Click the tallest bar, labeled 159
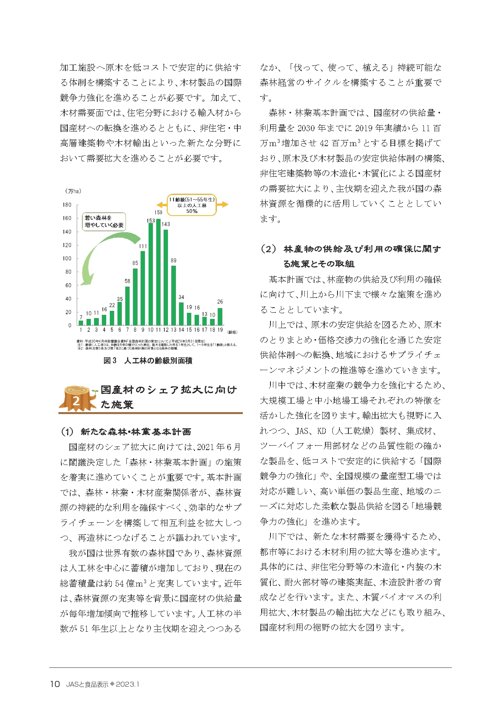coord(158,272)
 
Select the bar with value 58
coord(128,306)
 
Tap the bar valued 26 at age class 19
coord(220,316)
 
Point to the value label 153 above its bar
coord(151,220)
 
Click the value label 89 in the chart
coord(174,260)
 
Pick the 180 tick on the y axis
coord(67,205)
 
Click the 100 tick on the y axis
coord(67,258)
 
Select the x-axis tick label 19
coord(220,330)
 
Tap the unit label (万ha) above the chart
coord(73,191)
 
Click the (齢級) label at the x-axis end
coord(233,332)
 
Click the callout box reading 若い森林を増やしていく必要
coord(104,222)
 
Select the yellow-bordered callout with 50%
coord(192,205)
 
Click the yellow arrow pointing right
coord(223,205)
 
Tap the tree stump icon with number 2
coord(77,398)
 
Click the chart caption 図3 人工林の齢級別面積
coord(148,360)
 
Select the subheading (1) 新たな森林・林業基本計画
coord(126,432)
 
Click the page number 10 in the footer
coord(55,684)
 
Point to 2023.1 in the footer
coord(128,684)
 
